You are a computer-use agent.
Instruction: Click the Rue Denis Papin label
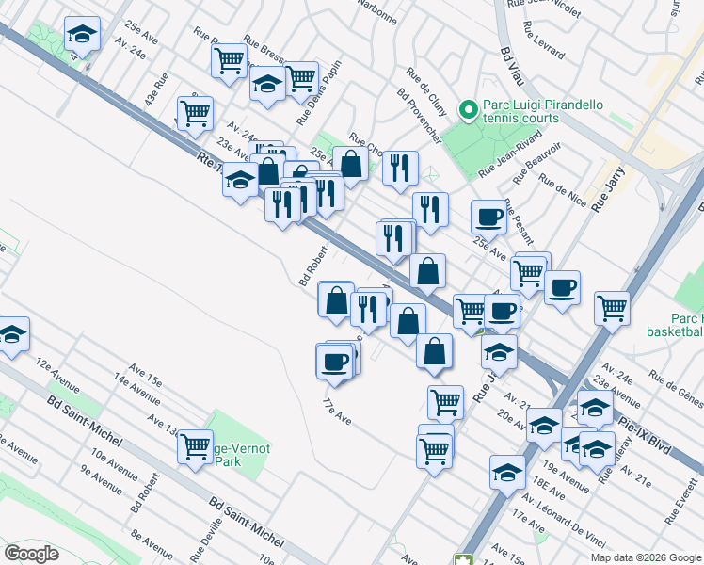(x=316, y=96)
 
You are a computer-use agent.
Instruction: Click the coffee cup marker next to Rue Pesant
(x=488, y=216)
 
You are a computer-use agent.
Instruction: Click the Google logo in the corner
(x=32, y=554)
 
